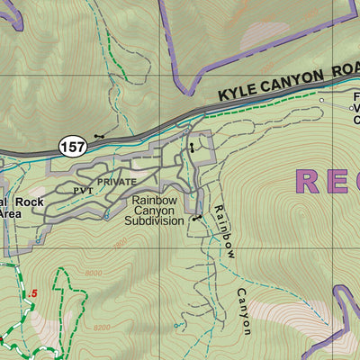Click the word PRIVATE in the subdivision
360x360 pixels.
coord(118,181)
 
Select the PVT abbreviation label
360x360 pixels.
coord(82,191)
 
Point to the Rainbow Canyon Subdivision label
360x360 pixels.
coord(154,211)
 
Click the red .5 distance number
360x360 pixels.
coord(33,293)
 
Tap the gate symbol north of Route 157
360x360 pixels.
coord(98,137)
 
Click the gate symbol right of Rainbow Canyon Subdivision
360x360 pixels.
coord(196,218)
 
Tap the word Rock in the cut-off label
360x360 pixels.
coord(27,202)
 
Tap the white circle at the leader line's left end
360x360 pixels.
coord(322,100)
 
